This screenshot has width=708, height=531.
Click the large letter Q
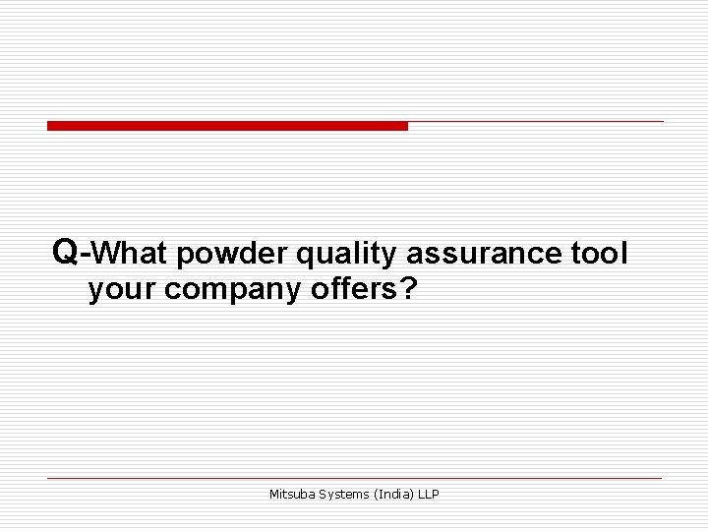point(66,253)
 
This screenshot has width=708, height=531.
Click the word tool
point(598,255)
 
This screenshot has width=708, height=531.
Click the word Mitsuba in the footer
point(292,495)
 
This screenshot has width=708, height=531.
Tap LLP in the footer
point(429,495)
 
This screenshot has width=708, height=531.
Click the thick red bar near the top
point(227,126)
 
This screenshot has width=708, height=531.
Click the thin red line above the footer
point(354,478)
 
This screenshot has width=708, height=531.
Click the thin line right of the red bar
point(536,122)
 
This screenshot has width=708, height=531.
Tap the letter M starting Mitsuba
point(274,495)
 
